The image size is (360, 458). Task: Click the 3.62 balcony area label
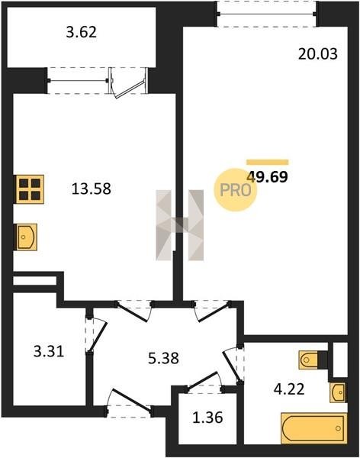coord(81,32)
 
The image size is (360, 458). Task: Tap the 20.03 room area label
coord(317,54)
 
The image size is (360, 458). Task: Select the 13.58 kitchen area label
coord(91,189)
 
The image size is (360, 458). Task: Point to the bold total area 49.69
coord(268,177)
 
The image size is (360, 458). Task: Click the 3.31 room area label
coord(49,351)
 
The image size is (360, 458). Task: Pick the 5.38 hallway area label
coord(163,358)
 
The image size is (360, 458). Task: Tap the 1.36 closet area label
coord(207,418)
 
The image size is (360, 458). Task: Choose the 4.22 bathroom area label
coord(289,389)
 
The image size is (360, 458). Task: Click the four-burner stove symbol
coord(30,189)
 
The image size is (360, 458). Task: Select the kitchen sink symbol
coord(26,237)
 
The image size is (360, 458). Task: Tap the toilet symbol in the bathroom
coord(309,360)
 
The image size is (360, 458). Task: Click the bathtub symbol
coord(314,428)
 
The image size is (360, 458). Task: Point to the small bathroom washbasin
coord(338,392)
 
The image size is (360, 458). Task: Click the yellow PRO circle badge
coord(236,190)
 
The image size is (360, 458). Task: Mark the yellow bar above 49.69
coord(268,163)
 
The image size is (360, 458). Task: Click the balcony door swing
coord(129,86)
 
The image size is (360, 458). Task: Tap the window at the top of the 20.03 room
coord(266,14)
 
